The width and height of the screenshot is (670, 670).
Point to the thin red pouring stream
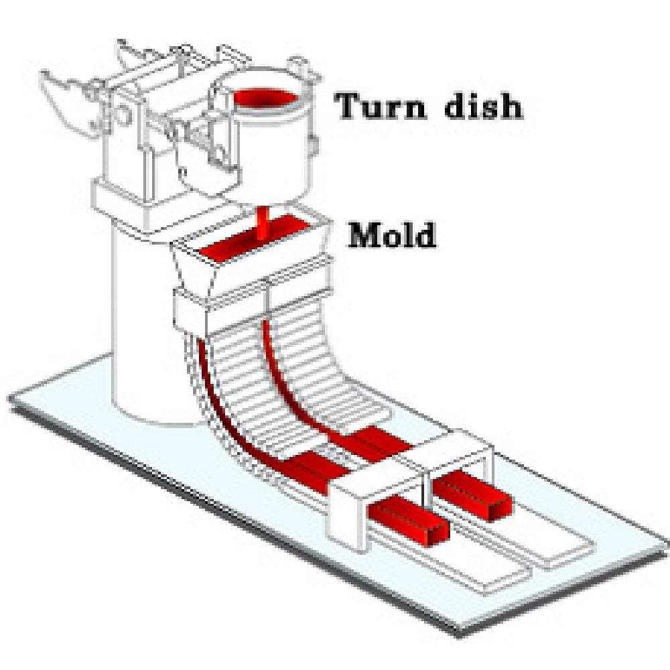pos(262,224)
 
